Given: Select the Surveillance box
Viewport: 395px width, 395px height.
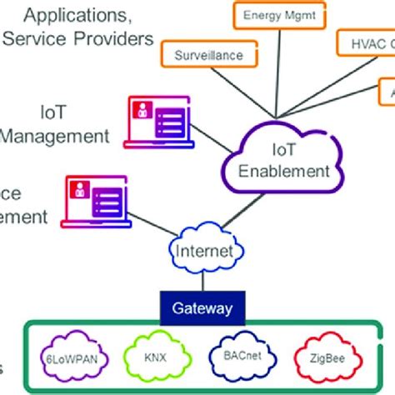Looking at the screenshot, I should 208,54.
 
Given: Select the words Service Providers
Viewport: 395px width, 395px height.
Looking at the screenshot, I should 91,38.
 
